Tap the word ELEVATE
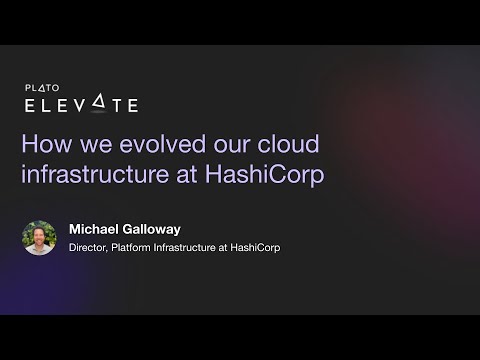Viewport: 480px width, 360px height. coord(81,105)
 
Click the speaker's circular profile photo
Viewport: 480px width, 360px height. coord(40,238)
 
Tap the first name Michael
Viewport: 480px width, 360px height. coord(96,229)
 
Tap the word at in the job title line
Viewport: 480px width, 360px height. coord(240,248)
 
